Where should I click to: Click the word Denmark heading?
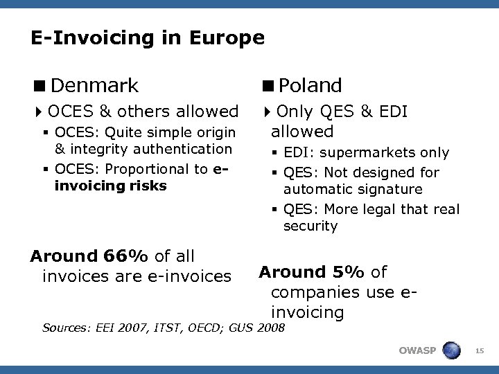pyautogui.click(x=94, y=86)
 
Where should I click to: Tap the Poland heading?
pyautogui.click(x=311, y=86)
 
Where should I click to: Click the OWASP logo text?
pyautogui.click(x=417, y=350)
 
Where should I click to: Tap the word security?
pyautogui.click(x=310, y=226)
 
